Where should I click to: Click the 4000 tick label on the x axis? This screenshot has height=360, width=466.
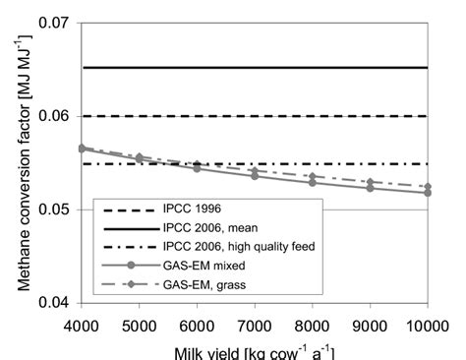[95, 324]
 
